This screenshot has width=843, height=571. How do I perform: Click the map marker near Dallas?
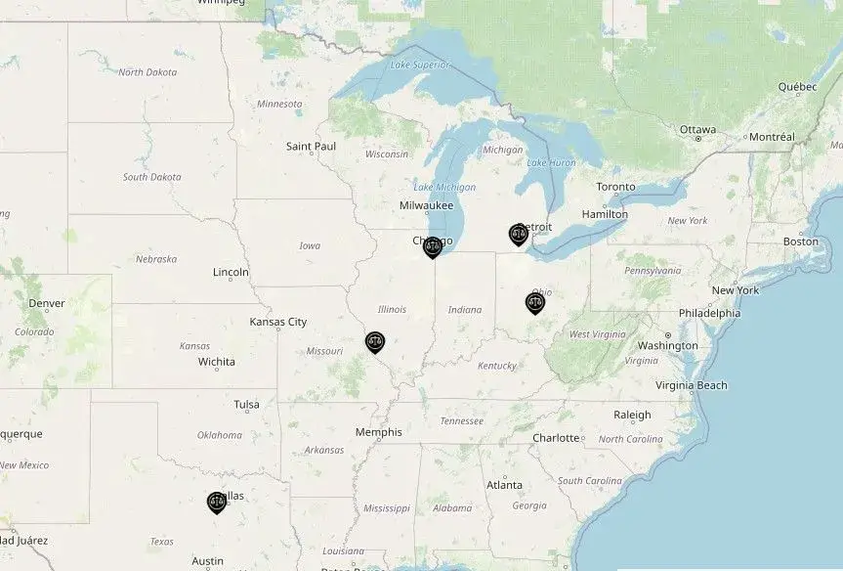pos(217,503)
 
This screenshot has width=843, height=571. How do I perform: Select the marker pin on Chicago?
pos(433,246)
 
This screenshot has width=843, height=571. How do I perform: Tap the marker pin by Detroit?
pos(518,234)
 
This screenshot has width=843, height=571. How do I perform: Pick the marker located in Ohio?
pos(534,302)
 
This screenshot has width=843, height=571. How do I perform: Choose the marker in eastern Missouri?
pos(375,341)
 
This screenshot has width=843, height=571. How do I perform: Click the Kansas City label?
pos(277,322)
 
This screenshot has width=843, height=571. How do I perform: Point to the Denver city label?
pos(46,303)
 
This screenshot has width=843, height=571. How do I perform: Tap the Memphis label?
pos(378,432)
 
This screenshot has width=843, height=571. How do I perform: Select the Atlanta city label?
pos(504,485)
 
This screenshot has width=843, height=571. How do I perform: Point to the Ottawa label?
pos(697,129)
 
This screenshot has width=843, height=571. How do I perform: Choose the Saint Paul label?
pos(311,147)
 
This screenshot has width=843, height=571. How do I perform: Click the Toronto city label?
pos(615,187)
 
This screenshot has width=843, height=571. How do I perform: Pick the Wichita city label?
pos(216,362)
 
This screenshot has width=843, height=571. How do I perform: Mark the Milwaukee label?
pos(426,205)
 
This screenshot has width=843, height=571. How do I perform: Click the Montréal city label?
pos(772,137)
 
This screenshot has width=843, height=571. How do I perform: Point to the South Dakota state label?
pos(151,177)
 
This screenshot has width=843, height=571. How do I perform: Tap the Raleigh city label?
pos(632,415)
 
